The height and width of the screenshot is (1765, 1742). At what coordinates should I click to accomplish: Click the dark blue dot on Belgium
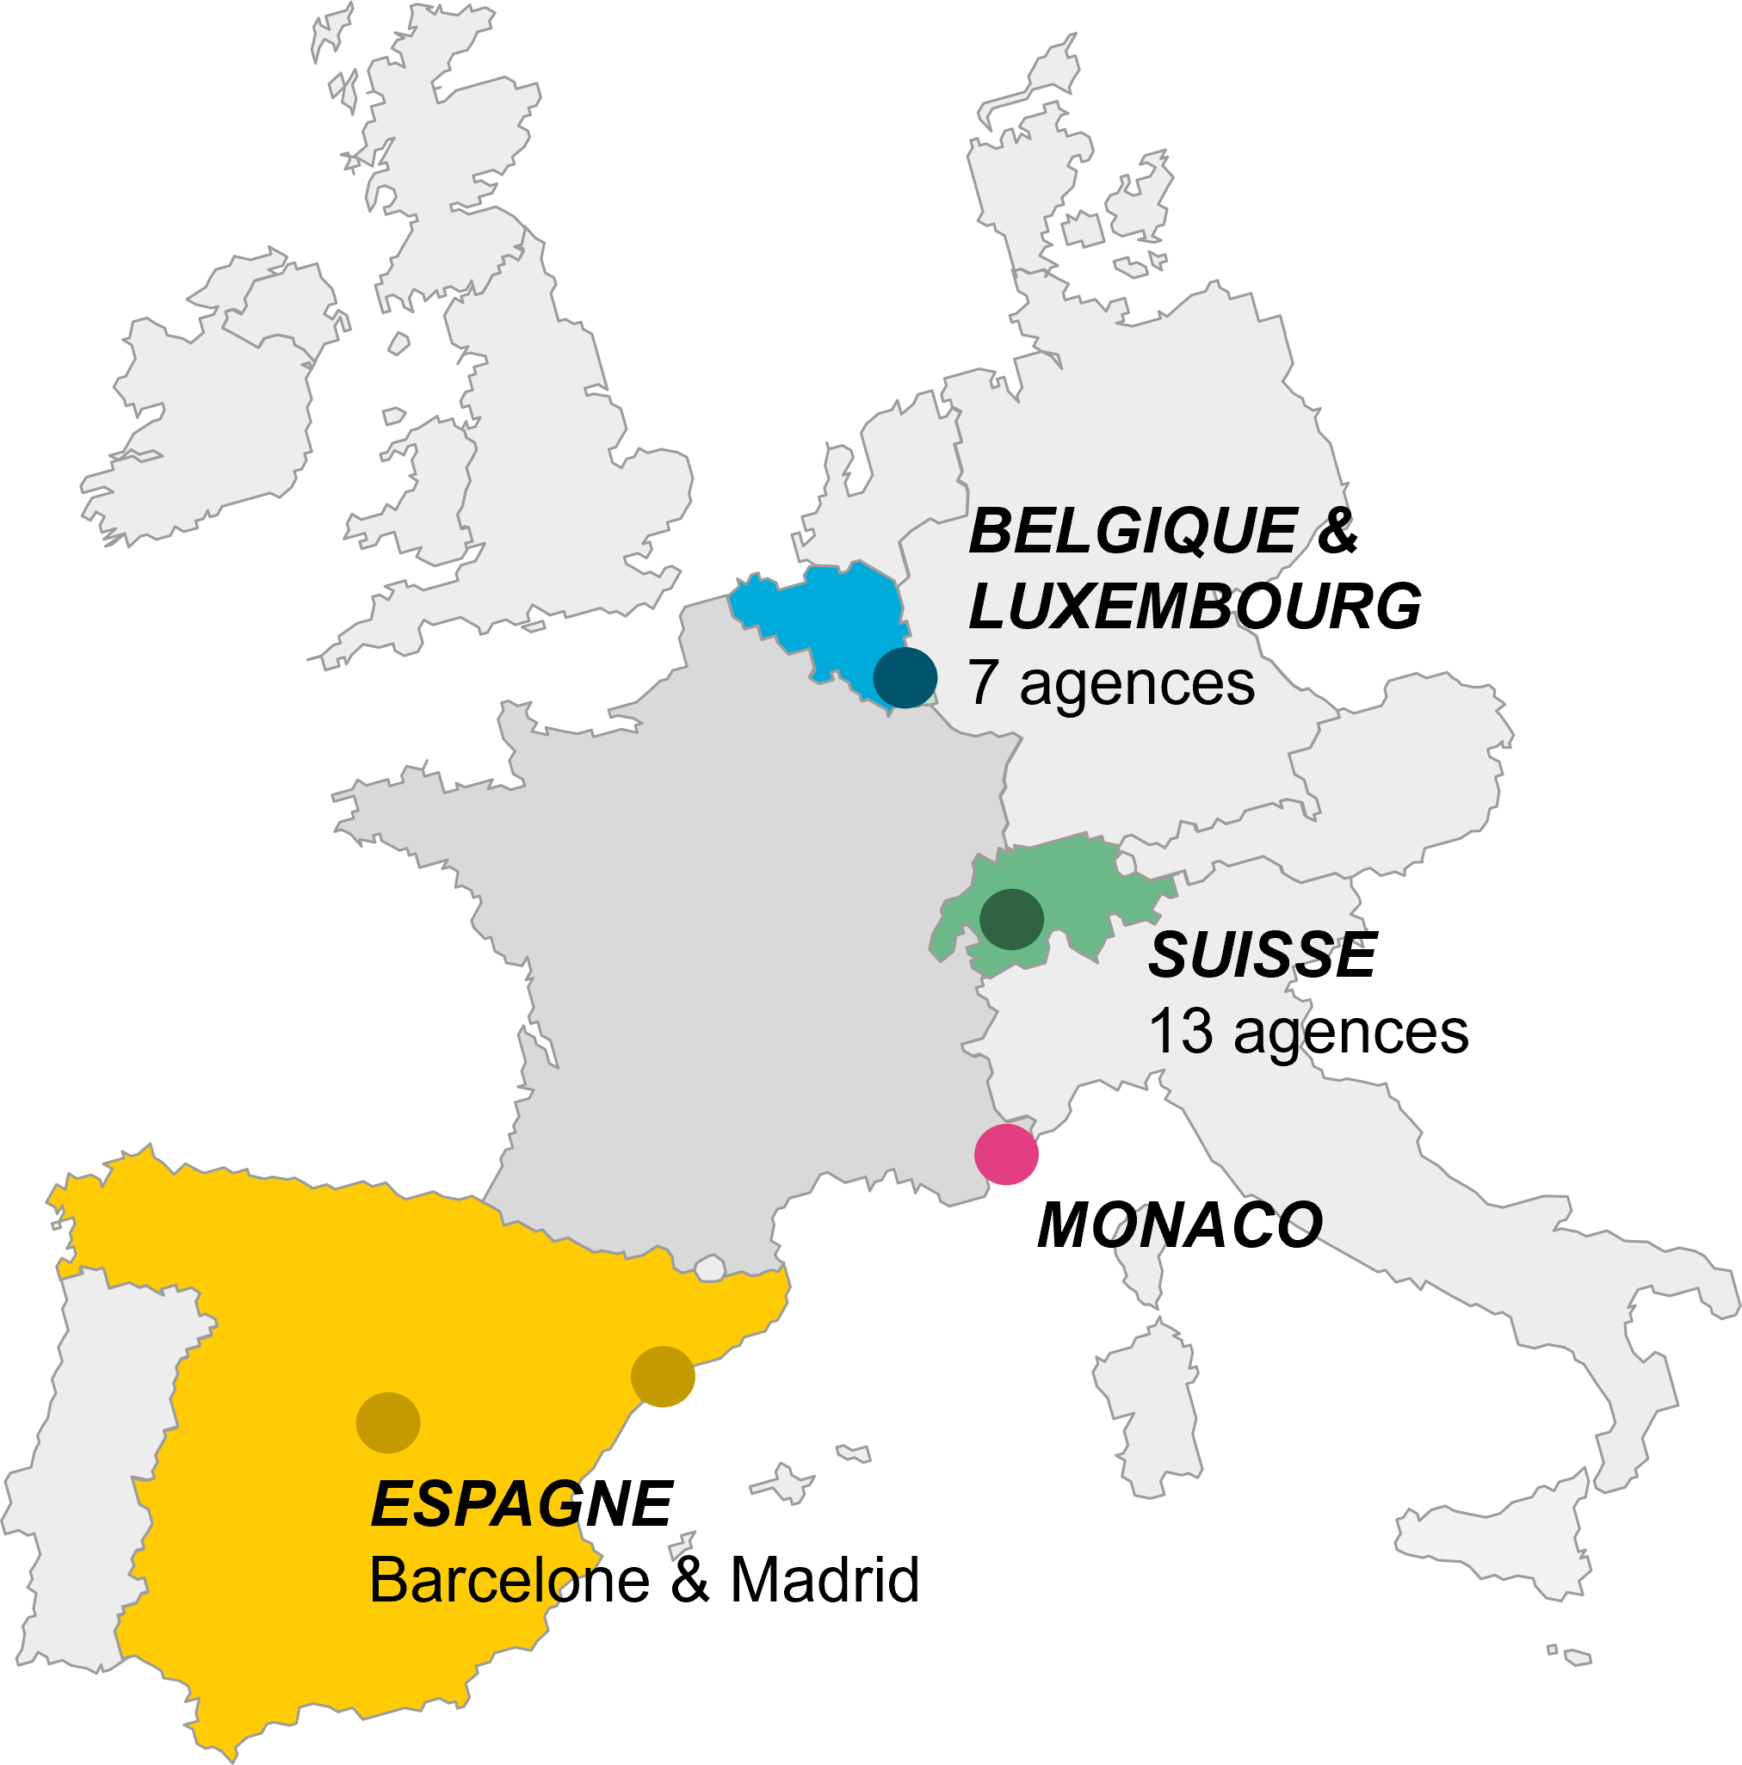(x=905, y=678)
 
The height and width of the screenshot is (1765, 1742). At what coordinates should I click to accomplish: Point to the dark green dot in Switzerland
(x=1011, y=919)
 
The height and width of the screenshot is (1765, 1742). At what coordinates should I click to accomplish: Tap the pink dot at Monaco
(x=1006, y=1155)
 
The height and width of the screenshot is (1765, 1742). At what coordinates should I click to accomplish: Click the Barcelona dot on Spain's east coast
(x=662, y=1376)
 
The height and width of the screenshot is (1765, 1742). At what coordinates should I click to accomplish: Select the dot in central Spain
(x=387, y=1422)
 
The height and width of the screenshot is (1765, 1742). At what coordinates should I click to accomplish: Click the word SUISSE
(x=1251, y=955)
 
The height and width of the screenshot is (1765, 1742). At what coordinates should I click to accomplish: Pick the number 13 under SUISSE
(x=1180, y=1033)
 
